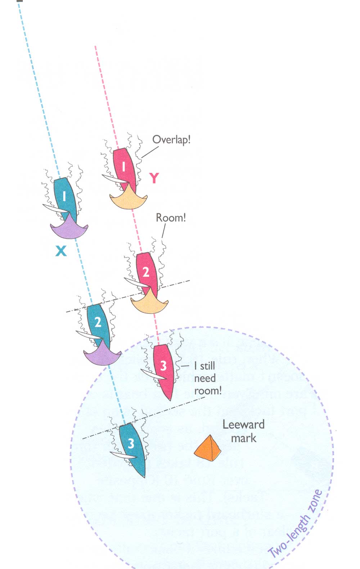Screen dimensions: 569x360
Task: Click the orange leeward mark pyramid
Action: tap(208, 448)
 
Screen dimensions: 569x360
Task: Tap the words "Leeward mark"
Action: tap(243, 431)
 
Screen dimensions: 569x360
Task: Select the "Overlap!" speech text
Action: tap(171, 140)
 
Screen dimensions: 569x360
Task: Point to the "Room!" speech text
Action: tap(171, 218)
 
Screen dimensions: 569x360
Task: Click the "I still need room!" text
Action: tap(207, 378)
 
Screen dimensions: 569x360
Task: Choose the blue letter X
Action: tap(61, 251)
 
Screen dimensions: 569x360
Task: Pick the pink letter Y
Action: tap(154, 178)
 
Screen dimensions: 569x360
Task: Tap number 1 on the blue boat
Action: tap(64, 196)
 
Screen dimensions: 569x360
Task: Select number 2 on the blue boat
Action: tap(98, 322)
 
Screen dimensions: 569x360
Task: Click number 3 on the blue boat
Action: tap(131, 443)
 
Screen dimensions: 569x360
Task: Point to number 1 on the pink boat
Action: tap(124, 166)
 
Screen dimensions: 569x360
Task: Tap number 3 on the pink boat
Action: tap(163, 366)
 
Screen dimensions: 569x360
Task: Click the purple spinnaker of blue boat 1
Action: tap(69, 229)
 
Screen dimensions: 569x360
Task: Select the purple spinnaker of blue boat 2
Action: tap(102, 355)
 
